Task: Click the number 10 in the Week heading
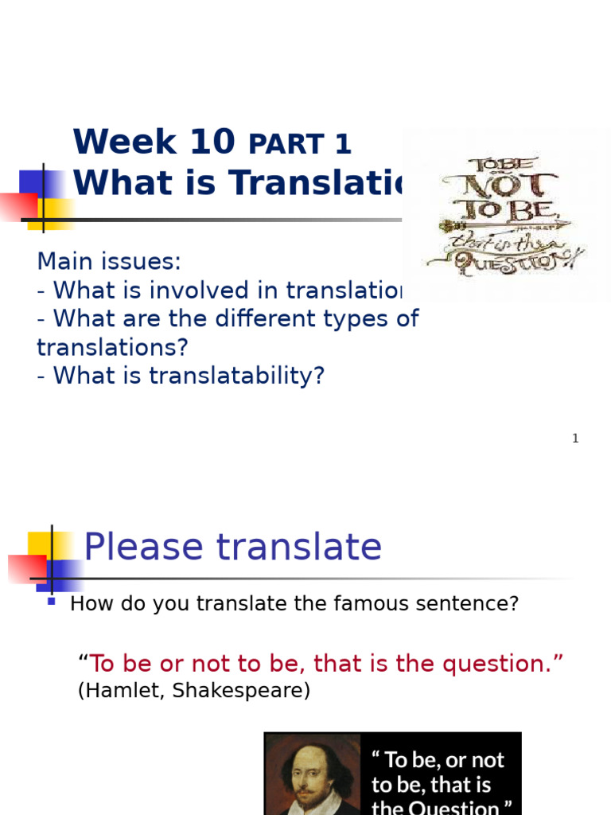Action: tap(212, 142)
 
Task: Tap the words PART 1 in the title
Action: tap(300, 144)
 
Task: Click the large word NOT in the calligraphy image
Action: tap(507, 185)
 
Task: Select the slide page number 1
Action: tap(575, 439)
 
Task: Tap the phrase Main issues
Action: tap(109, 261)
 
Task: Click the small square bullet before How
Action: tap(52, 602)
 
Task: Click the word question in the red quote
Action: tap(506, 663)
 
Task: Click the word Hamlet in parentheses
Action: tap(115, 691)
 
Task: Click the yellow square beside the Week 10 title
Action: tap(41, 213)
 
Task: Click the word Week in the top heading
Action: tap(124, 142)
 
